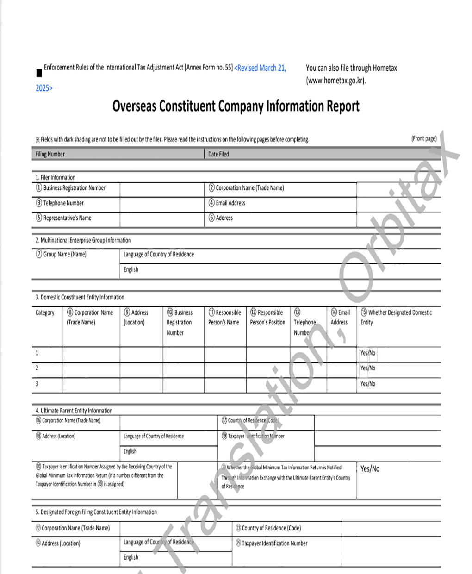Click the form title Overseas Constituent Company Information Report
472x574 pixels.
click(x=236, y=106)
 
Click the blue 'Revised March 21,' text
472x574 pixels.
click(x=261, y=68)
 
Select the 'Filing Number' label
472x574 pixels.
click(x=50, y=154)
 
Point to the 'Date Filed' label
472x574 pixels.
click(x=218, y=154)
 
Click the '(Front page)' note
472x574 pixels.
click(x=424, y=138)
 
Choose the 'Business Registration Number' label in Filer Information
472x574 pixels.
click(x=74, y=188)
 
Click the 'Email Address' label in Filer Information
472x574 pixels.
click(x=230, y=203)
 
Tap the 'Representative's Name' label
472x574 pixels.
click(x=67, y=218)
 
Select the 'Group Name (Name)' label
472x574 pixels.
click(x=64, y=254)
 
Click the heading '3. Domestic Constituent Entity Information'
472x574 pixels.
click(x=80, y=297)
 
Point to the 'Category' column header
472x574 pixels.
click(x=45, y=312)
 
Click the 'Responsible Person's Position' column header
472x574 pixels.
click(x=267, y=318)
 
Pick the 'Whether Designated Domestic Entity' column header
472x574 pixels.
click(x=396, y=317)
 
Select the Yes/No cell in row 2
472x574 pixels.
click(x=368, y=368)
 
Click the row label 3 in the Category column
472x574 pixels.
click(x=37, y=384)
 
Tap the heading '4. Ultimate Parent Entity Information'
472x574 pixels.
click(x=74, y=411)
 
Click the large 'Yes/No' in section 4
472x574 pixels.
click(x=370, y=468)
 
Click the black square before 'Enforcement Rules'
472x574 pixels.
click(x=39, y=73)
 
